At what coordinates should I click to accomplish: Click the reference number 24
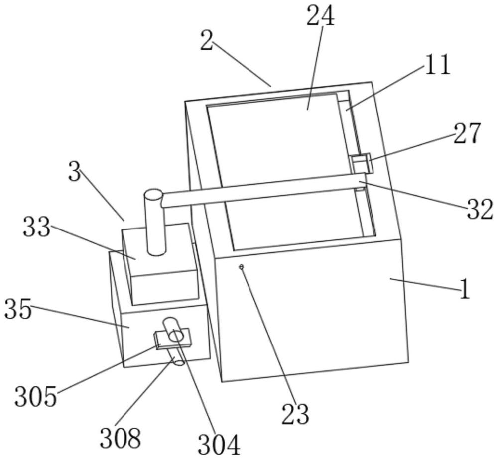coord(320,16)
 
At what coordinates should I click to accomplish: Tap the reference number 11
coord(438,64)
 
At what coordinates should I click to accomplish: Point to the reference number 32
coord(480,209)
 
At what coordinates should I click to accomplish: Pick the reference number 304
coord(219,445)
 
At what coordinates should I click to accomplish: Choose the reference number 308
coord(120,438)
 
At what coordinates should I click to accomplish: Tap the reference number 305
coord(36,396)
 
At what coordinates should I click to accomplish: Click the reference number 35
coord(18,309)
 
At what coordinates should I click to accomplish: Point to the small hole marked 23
coord(242,267)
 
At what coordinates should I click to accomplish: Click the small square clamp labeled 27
coord(361,163)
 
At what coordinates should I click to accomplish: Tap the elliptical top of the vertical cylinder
coord(153,194)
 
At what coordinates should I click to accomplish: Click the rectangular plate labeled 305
coord(172,339)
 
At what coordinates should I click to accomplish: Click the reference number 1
coord(464,289)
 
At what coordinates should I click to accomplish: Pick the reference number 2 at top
coord(206,41)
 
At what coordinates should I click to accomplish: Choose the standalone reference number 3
coord(75,172)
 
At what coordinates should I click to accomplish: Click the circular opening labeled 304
coord(176,336)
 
